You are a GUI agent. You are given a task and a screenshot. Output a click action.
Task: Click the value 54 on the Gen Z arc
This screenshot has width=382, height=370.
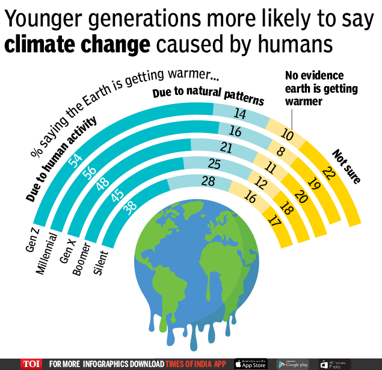pyautogui.click(x=76, y=160)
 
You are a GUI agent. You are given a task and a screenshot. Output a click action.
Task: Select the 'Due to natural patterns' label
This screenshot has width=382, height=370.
pyautogui.click(x=208, y=97)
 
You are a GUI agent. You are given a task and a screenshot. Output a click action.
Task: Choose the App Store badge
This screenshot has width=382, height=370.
pyautogui.click(x=250, y=364)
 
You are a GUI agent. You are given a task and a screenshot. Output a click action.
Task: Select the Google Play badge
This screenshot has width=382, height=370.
pyautogui.click(x=293, y=364)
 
